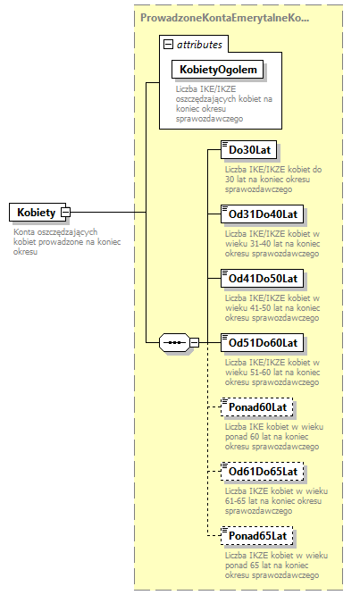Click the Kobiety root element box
point(34,213)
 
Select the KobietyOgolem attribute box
point(218,69)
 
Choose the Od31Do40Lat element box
point(264,214)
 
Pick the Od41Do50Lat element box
point(264,278)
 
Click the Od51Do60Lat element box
point(264,342)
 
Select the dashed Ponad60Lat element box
point(257,407)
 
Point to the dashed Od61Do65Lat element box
point(264,471)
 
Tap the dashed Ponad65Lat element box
point(257,536)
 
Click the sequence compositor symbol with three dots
point(172,343)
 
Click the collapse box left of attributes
point(167,44)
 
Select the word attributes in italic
point(199,44)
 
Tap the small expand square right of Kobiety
point(65,213)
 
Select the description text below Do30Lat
point(266,179)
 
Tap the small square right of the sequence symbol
point(194,343)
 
